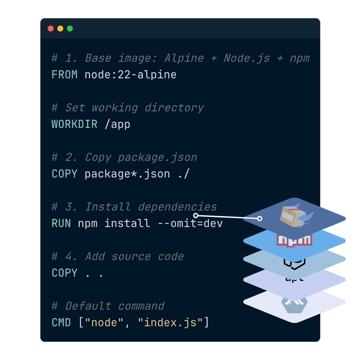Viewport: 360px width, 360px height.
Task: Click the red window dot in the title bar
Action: [x=51, y=29]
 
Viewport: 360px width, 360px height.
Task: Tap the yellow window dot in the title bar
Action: [x=60, y=29]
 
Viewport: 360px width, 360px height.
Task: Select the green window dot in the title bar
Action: [x=70, y=29]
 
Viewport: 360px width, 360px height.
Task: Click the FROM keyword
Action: [x=65, y=74]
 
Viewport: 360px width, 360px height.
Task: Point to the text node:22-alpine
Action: [x=130, y=74]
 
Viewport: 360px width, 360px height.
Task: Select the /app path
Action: [x=117, y=124]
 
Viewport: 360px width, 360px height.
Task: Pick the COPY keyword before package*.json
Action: [x=65, y=174]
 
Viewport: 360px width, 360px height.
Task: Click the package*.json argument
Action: [x=127, y=174]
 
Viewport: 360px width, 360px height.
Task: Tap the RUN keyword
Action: [x=61, y=223]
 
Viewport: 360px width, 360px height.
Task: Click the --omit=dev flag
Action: [x=190, y=223]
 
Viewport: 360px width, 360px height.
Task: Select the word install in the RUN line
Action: [x=127, y=223]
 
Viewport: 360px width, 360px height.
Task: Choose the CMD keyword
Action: [x=61, y=322]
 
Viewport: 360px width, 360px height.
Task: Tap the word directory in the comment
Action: [x=174, y=108]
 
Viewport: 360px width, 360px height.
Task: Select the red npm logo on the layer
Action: [x=294, y=240]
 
